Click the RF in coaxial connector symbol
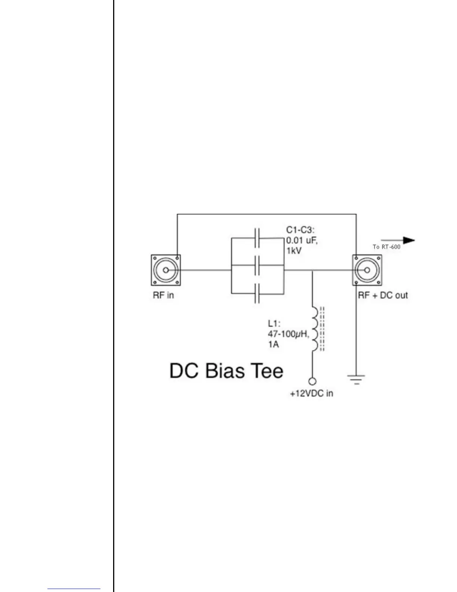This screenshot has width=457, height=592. (166, 270)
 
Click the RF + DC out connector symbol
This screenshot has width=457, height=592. (367, 270)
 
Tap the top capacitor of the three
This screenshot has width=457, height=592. (257, 238)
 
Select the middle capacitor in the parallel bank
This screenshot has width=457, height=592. (257, 265)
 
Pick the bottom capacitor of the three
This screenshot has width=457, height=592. (257, 293)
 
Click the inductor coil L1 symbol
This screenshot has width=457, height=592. (314, 329)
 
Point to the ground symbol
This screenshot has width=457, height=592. (357, 379)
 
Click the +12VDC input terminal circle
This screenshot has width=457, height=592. (313, 381)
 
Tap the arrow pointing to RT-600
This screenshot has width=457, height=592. (398, 240)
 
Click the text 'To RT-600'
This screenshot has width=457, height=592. (386, 247)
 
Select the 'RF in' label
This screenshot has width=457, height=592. (163, 295)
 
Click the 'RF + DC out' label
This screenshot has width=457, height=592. (383, 295)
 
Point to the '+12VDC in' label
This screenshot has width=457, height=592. (311, 393)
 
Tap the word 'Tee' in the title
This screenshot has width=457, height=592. (267, 371)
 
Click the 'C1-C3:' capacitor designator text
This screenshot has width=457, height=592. (300, 231)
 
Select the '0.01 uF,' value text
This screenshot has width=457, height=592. (302, 240)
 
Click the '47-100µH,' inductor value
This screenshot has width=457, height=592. (288, 334)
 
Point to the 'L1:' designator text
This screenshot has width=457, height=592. (274, 323)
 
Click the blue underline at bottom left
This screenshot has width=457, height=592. (74, 589)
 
